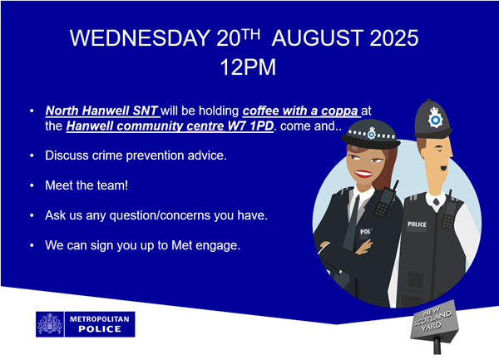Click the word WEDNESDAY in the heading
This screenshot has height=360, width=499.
pos(140,38)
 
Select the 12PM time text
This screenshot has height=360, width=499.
pos(248,67)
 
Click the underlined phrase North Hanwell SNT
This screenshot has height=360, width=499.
pos(101,111)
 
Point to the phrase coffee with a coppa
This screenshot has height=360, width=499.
pos(300,111)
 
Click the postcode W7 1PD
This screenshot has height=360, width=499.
pos(250,126)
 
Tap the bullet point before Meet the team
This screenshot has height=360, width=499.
pos(32,185)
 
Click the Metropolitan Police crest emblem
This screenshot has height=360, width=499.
pos(50,324)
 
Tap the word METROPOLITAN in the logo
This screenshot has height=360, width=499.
pos(100,319)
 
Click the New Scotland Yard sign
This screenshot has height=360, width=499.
pos(434,321)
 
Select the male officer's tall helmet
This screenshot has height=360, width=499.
pos(432,119)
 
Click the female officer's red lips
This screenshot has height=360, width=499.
pos(363,174)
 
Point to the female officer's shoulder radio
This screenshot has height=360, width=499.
pos(386,200)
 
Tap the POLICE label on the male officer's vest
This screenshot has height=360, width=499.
pos(417,224)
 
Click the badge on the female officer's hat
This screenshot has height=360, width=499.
pos(372,133)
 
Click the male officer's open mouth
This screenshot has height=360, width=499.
pos(443,168)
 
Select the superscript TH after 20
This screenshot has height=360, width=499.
pos(250,34)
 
